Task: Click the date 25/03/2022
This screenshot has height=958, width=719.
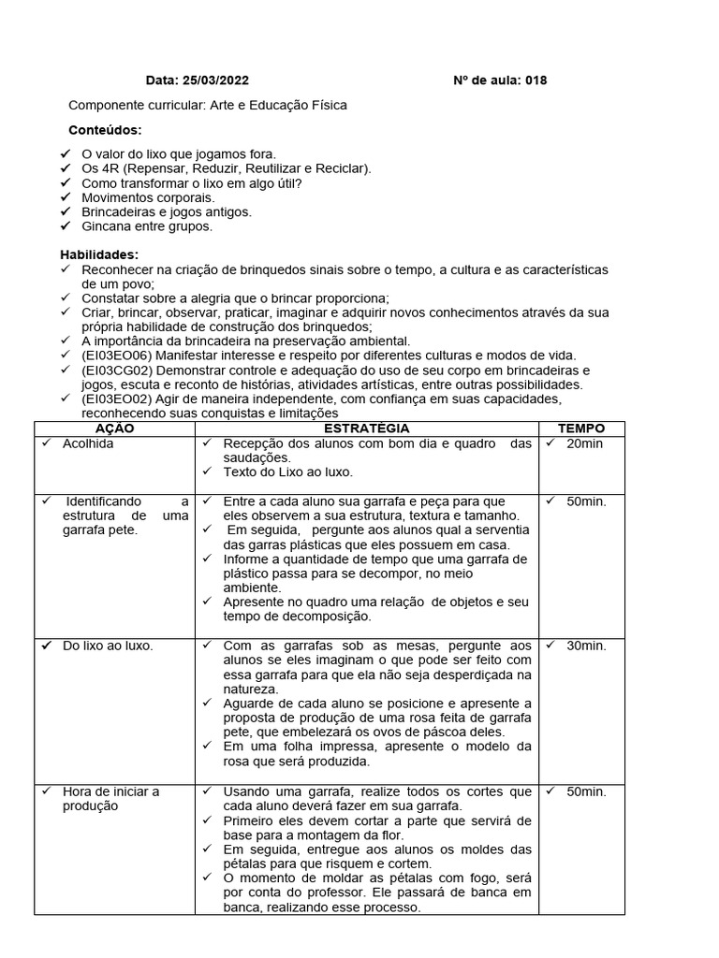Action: coord(216,80)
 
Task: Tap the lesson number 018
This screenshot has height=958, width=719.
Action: coord(536,80)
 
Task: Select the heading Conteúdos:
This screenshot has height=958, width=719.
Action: coord(106,130)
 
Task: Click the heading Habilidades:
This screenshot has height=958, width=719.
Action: coord(99,254)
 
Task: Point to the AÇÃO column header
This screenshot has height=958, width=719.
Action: coord(115,428)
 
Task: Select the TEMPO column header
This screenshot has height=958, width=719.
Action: coord(581,428)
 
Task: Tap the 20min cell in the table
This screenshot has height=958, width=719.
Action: coord(584,443)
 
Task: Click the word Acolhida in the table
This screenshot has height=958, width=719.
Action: coord(88,443)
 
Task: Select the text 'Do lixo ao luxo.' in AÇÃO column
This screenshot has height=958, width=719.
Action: coord(109,646)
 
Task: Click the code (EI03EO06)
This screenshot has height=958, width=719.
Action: coord(120,356)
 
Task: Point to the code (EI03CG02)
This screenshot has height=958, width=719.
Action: coord(120,370)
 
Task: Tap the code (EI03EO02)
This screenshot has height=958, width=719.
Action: coord(120,399)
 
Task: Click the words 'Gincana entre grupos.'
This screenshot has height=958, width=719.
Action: coord(147,226)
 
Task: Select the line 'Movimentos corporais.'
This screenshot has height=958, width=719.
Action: coord(148,197)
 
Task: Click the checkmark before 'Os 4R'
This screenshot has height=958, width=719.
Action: coord(65,168)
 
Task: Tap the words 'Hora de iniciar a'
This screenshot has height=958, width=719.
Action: coord(111,791)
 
